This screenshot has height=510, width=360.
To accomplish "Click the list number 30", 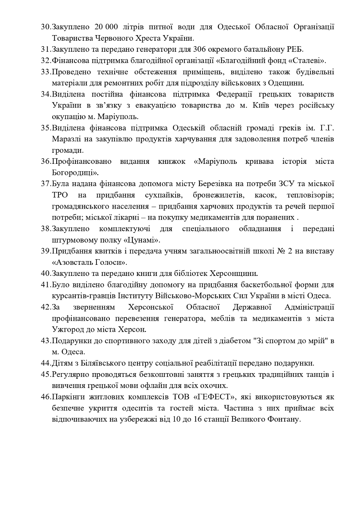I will [46, 27].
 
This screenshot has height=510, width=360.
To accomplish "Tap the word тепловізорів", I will [310, 195].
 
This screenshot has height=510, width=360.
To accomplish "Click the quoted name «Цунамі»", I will [141, 240].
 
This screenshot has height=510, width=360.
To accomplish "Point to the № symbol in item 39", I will [281, 251].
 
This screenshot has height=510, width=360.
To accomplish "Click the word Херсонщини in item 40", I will [234, 274].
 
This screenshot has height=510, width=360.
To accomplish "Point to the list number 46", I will [46, 397].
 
